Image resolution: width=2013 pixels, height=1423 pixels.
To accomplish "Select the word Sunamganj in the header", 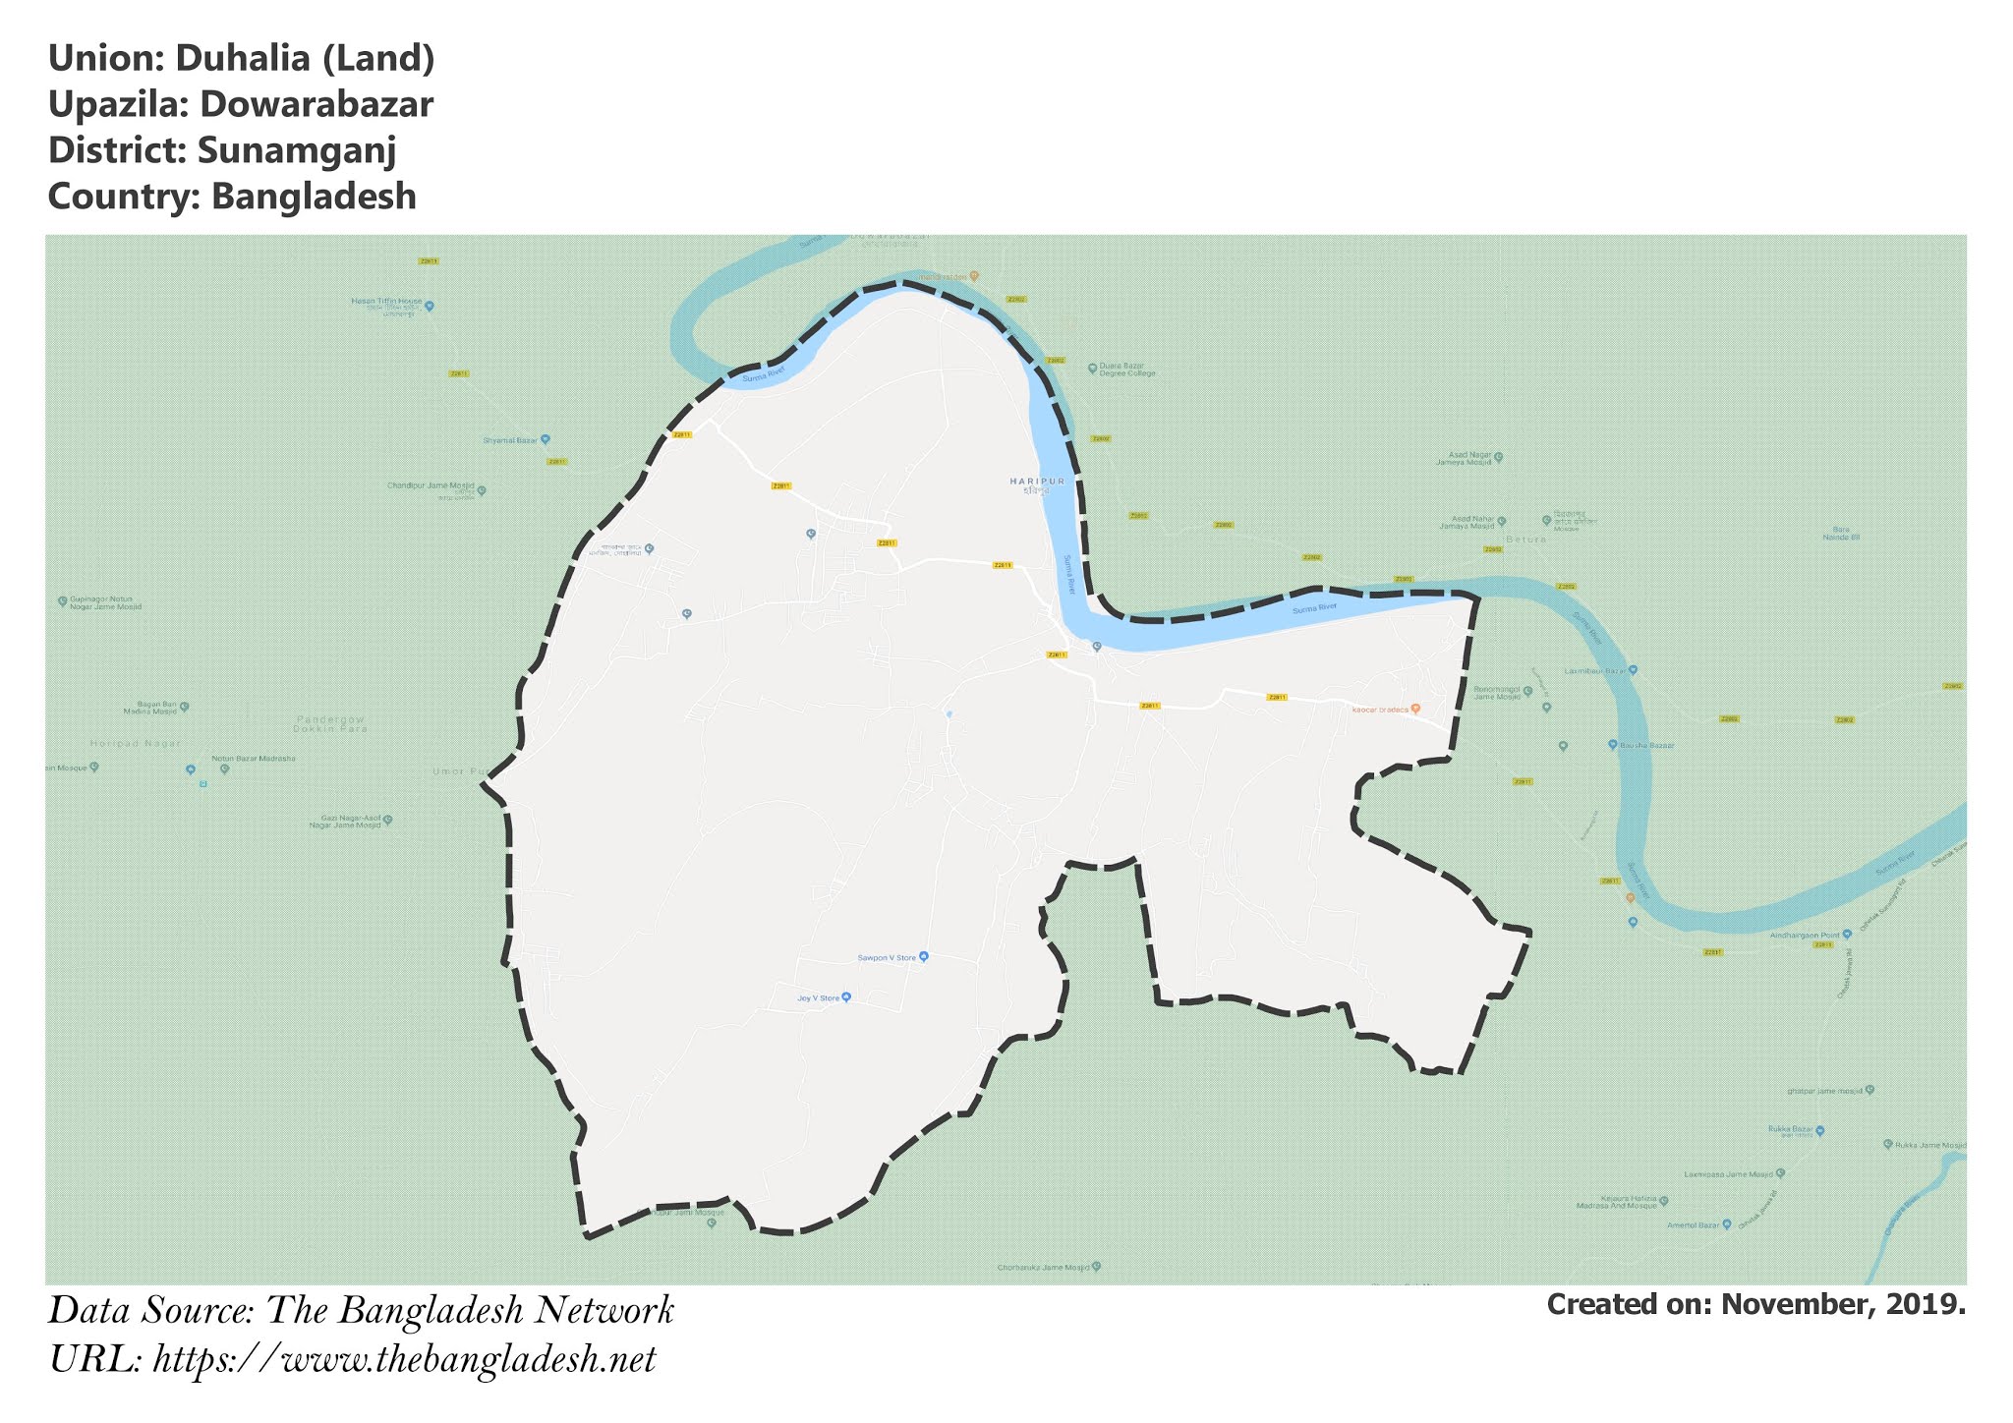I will pos(296,150).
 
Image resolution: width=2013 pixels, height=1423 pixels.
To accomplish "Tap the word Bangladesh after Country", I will pos(314,197).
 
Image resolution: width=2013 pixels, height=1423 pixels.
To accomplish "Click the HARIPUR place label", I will pos(1037,481).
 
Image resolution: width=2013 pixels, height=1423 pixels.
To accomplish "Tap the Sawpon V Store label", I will pos(887,957).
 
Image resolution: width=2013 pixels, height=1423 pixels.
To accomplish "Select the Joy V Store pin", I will pos(846,997).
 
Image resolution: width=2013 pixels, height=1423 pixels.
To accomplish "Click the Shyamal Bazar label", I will pos(510,440).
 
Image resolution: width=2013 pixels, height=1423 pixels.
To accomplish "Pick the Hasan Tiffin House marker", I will pos(429,306).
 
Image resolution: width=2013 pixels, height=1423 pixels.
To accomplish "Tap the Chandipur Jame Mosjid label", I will pos(431,486).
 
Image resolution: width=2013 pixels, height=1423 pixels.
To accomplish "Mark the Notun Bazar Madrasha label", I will pos(254,759).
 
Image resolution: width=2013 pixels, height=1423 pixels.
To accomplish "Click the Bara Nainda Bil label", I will pos(1841,535).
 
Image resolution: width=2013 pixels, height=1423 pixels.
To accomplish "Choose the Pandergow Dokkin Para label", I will pos(331,724).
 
